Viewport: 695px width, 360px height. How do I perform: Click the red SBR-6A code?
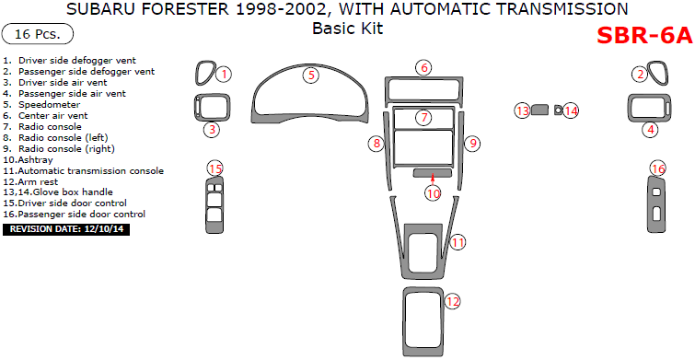pyautogui.click(x=644, y=36)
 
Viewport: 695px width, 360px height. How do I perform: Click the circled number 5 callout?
pyautogui.click(x=311, y=75)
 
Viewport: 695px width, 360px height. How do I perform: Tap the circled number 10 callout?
pyautogui.click(x=433, y=193)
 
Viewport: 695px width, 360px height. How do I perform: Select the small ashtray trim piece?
pyautogui.click(x=431, y=172)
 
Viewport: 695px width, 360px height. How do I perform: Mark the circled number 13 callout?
pyautogui.click(x=523, y=110)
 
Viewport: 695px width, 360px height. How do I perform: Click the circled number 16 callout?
pyautogui.click(x=657, y=168)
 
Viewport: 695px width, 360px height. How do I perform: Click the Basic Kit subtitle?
pyautogui.click(x=347, y=29)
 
